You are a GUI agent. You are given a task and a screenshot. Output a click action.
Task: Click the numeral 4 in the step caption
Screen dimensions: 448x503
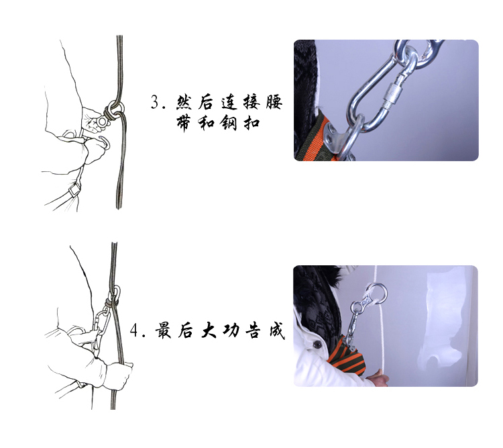pos(136,331)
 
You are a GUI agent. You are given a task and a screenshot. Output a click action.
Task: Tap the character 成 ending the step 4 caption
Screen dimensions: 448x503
pos(274,331)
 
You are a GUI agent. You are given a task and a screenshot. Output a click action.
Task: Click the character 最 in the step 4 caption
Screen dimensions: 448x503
pos(164,331)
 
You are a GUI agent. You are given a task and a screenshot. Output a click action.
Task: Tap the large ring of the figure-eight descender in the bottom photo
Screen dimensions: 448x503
pos(375,293)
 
